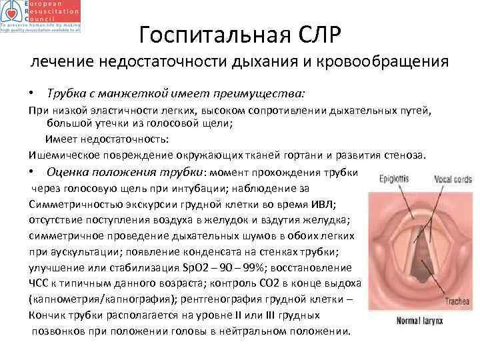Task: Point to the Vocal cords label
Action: [x=453, y=179]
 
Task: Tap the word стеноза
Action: [x=401, y=155]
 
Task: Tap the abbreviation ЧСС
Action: [x=39, y=283]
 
